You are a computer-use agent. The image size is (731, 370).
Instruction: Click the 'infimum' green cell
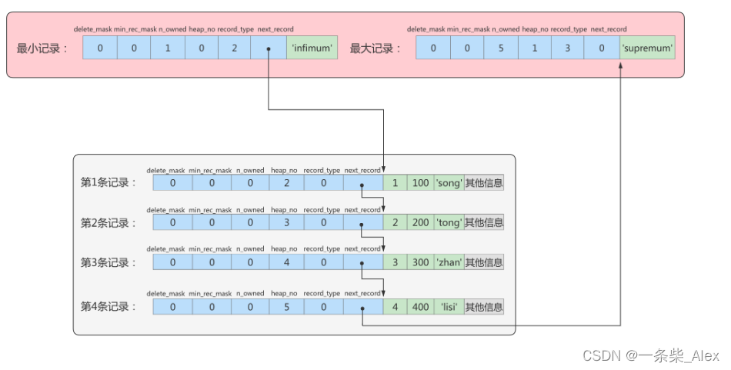coord(312,48)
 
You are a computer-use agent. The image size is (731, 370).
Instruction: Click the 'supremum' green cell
coord(647,48)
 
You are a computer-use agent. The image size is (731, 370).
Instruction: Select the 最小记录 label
coord(42,48)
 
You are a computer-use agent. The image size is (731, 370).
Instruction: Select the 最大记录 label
coord(376,48)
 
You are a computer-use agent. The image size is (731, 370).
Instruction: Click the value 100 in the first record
coord(420,183)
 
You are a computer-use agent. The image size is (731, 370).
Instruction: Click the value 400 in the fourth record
coord(420,306)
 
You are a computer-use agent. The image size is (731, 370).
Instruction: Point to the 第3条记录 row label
coord(108,262)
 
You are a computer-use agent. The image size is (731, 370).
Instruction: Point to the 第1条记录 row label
coord(108,183)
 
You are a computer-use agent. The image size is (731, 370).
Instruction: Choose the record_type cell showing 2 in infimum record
coord(234,48)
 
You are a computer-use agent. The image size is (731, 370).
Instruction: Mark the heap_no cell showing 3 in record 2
coord(285,222)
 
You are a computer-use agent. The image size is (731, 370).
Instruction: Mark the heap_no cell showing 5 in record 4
coord(285,306)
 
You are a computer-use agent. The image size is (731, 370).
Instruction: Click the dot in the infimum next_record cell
coord(268,49)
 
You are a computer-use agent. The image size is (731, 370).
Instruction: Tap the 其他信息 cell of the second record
coord(484,222)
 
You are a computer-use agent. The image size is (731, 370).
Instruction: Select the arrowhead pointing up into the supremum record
coord(621,65)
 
